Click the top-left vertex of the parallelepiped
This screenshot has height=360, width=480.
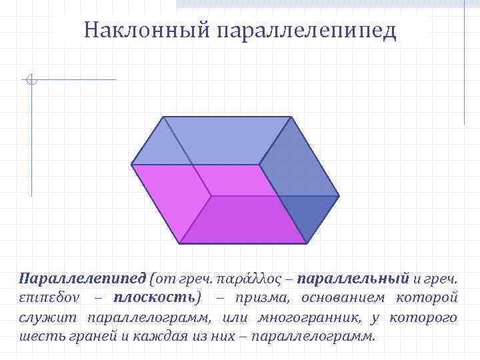tap(163, 117)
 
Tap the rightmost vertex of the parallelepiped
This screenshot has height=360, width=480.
tap(339, 197)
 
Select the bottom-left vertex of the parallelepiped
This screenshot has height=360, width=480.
tap(180, 243)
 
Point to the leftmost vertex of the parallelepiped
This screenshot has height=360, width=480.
tap(132, 164)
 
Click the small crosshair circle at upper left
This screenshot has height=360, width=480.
tap(31, 81)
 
